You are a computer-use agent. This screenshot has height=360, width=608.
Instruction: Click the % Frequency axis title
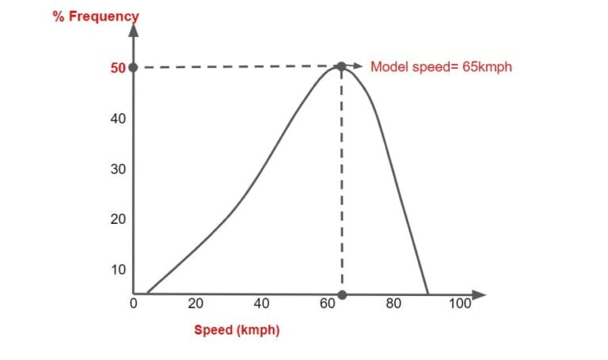tap(96, 16)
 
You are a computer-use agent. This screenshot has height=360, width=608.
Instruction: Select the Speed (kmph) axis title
tap(237, 330)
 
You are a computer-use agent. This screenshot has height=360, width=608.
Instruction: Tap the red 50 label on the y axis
tap(118, 68)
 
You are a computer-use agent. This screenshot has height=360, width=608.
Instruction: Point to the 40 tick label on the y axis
tap(118, 119)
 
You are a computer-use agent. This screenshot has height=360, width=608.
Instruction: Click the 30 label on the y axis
tap(118, 169)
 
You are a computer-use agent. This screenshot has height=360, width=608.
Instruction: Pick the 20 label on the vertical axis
tap(118, 219)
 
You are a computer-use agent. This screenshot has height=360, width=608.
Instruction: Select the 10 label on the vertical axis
tap(118, 270)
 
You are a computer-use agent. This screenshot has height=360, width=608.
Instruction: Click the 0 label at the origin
tap(133, 303)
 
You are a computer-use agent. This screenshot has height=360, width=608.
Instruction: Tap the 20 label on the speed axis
tap(196, 303)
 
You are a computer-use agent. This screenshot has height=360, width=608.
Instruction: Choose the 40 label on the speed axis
tap(261, 303)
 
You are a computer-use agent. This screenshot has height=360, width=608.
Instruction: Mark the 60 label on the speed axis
tap(328, 303)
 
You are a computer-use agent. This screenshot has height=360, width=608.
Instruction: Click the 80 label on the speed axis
tap(393, 303)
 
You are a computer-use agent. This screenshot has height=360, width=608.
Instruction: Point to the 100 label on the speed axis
tap(460, 303)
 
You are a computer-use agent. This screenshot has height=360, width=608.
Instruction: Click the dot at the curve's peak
tap(341, 67)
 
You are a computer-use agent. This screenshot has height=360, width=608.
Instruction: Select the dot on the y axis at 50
tap(133, 67)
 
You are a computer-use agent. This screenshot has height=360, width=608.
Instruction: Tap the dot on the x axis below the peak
tap(342, 294)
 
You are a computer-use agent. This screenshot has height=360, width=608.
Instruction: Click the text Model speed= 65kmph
tap(441, 67)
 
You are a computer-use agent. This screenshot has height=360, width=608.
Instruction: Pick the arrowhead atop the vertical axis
tap(133, 30)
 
